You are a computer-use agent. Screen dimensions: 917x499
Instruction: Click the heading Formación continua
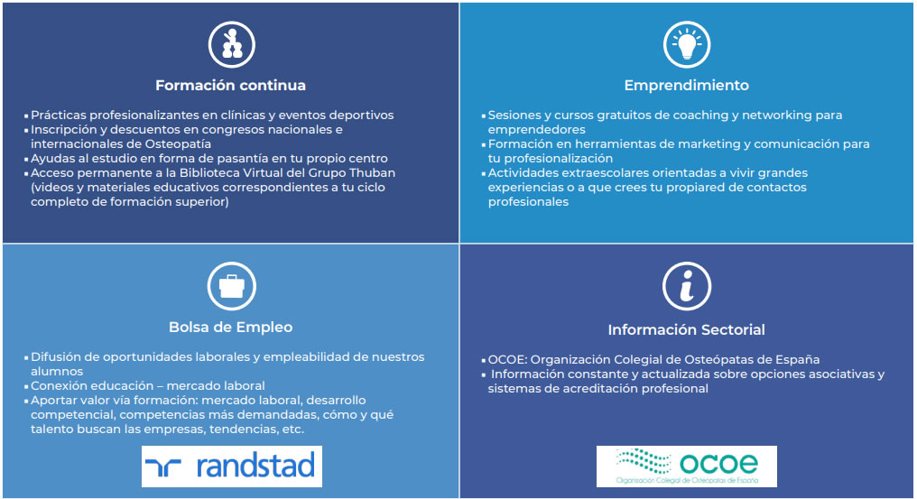[x=230, y=86]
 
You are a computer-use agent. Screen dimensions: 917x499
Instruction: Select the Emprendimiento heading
[x=687, y=86]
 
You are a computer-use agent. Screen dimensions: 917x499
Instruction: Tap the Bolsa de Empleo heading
[x=230, y=327]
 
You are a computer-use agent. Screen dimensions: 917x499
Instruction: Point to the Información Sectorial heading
[x=686, y=330]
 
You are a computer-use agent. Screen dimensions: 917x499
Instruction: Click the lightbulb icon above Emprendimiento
[x=687, y=45]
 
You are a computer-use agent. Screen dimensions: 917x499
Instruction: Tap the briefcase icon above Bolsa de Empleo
[x=232, y=286]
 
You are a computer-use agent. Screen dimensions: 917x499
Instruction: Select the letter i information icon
[x=687, y=286]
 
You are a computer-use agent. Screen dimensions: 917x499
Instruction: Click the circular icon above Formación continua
[x=232, y=45]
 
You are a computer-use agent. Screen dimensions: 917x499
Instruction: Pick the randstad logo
[x=232, y=467]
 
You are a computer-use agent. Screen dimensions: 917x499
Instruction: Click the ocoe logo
[x=687, y=467]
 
